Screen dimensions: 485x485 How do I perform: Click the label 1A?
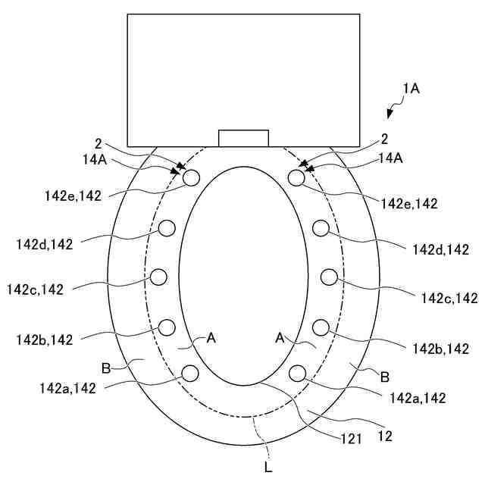(411, 89)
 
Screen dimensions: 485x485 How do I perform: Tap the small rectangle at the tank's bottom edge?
(243, 138)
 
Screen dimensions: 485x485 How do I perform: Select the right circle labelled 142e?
(297, 177)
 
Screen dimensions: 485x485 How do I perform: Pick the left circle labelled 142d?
(167, 227)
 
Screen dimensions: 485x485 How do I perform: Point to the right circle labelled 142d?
(320, 227)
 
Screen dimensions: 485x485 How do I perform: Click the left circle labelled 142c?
(159, 277)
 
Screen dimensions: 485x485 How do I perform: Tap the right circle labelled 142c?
(328, 277)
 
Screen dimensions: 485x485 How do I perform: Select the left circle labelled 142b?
(167, 327)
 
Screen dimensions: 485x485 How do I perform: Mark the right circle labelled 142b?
(320, 327)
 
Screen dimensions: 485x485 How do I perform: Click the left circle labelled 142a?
(189, 373)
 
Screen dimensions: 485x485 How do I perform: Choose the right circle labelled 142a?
(297, 373)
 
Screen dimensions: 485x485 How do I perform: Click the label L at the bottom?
(268, 468)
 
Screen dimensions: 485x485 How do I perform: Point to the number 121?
(349, 437)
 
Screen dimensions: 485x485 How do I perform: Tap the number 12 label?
(386, 436)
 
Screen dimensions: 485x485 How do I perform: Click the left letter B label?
(106, 369)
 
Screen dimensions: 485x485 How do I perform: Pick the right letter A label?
(279, 339)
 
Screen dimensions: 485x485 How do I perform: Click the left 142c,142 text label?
(36, 289)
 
